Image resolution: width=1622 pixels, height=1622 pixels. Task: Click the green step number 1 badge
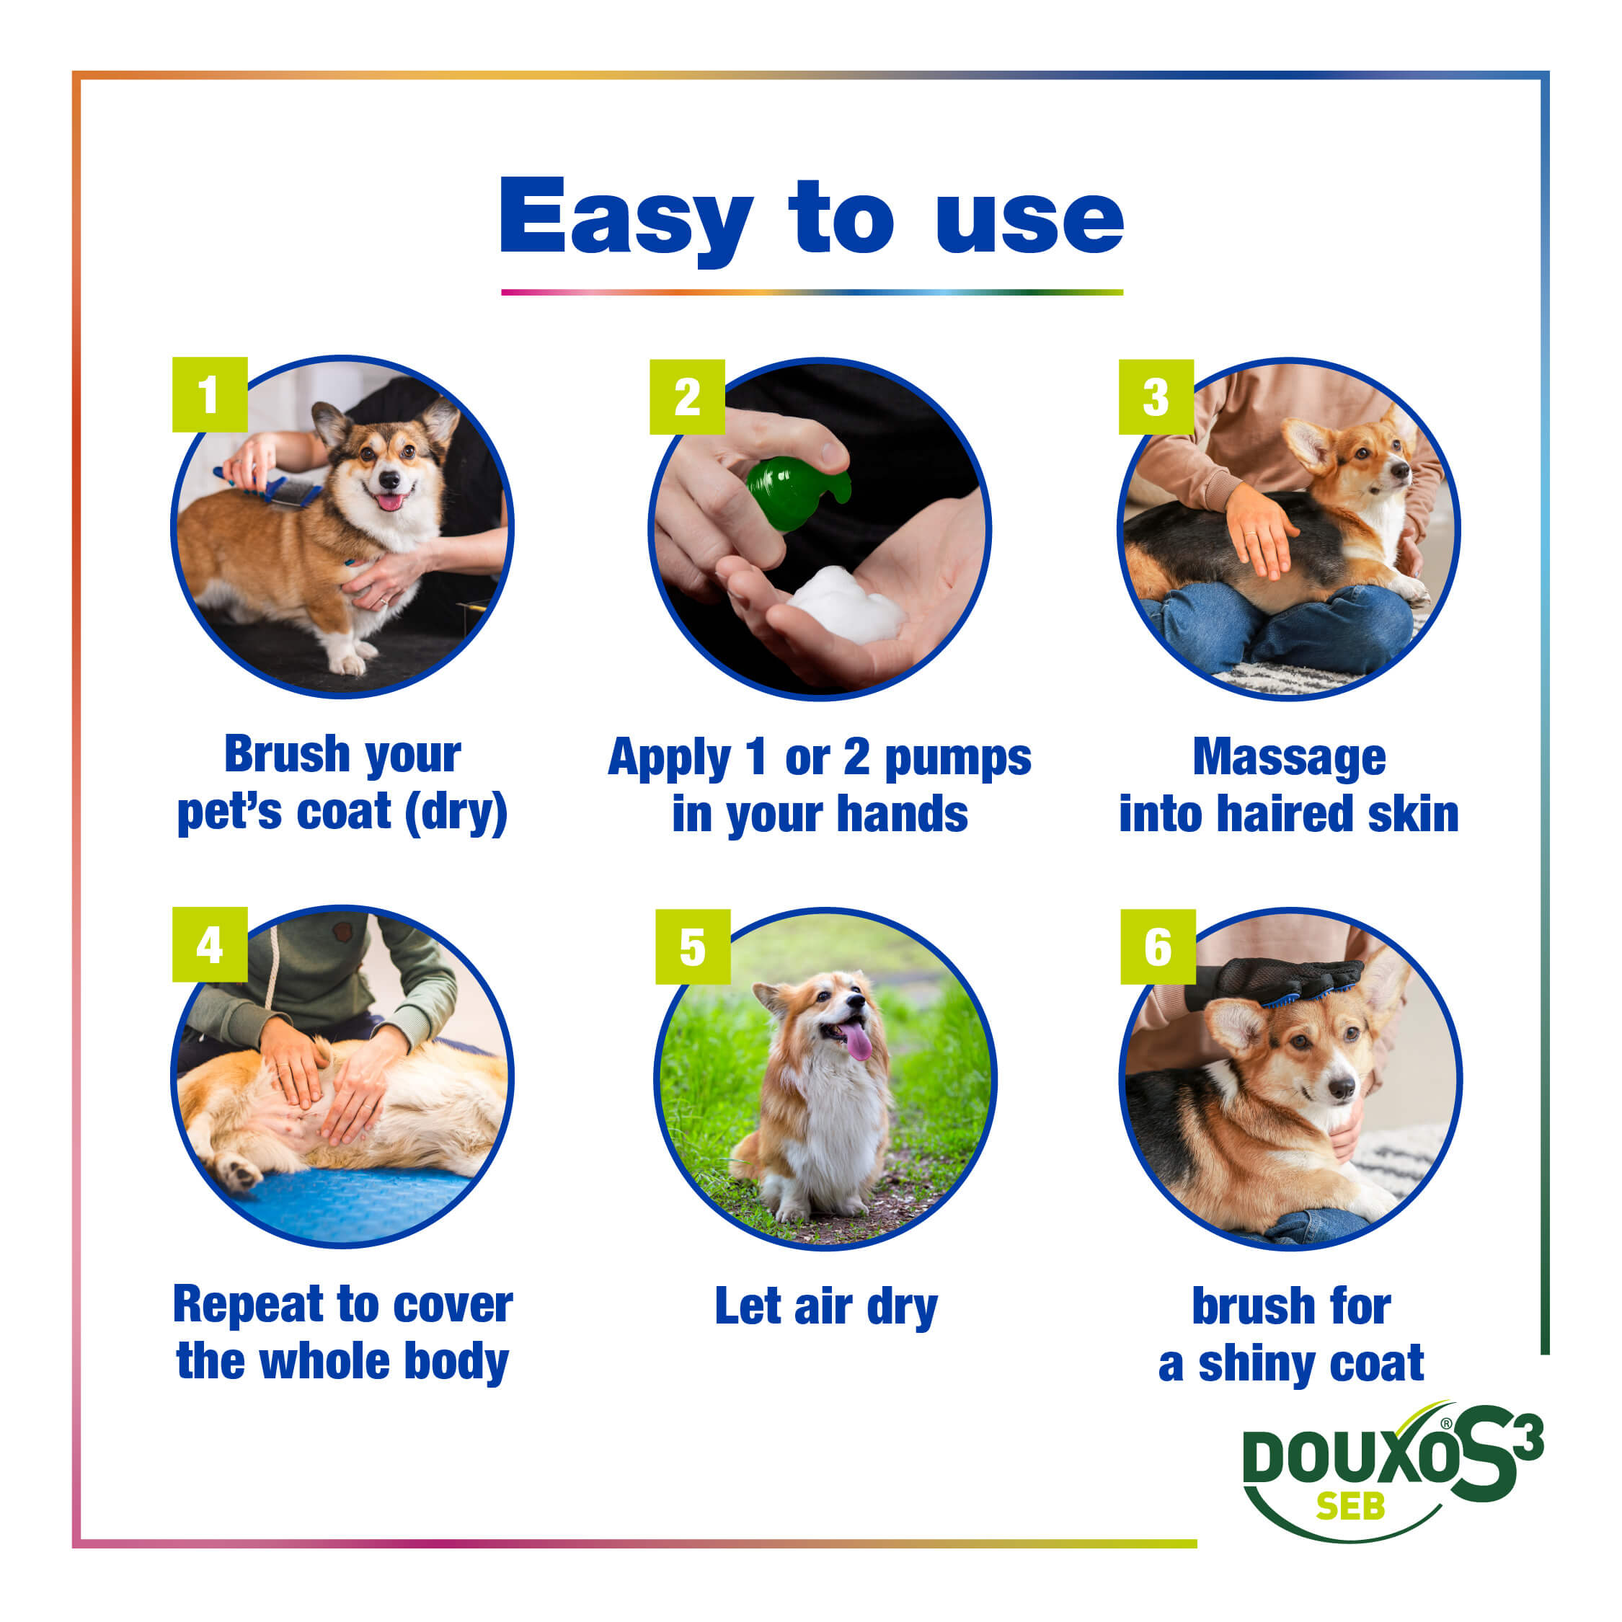(210, 394)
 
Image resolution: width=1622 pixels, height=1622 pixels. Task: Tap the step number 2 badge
(687, 397)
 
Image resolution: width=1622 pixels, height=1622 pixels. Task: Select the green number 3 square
(1156, 397)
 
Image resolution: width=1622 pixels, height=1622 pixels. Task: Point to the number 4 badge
(210, 944)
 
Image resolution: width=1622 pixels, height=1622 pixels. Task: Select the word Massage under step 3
(1289, 758)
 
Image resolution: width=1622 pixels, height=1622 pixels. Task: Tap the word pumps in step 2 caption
(958, 760)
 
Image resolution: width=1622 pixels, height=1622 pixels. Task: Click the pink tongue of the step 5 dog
(858, 1042)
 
